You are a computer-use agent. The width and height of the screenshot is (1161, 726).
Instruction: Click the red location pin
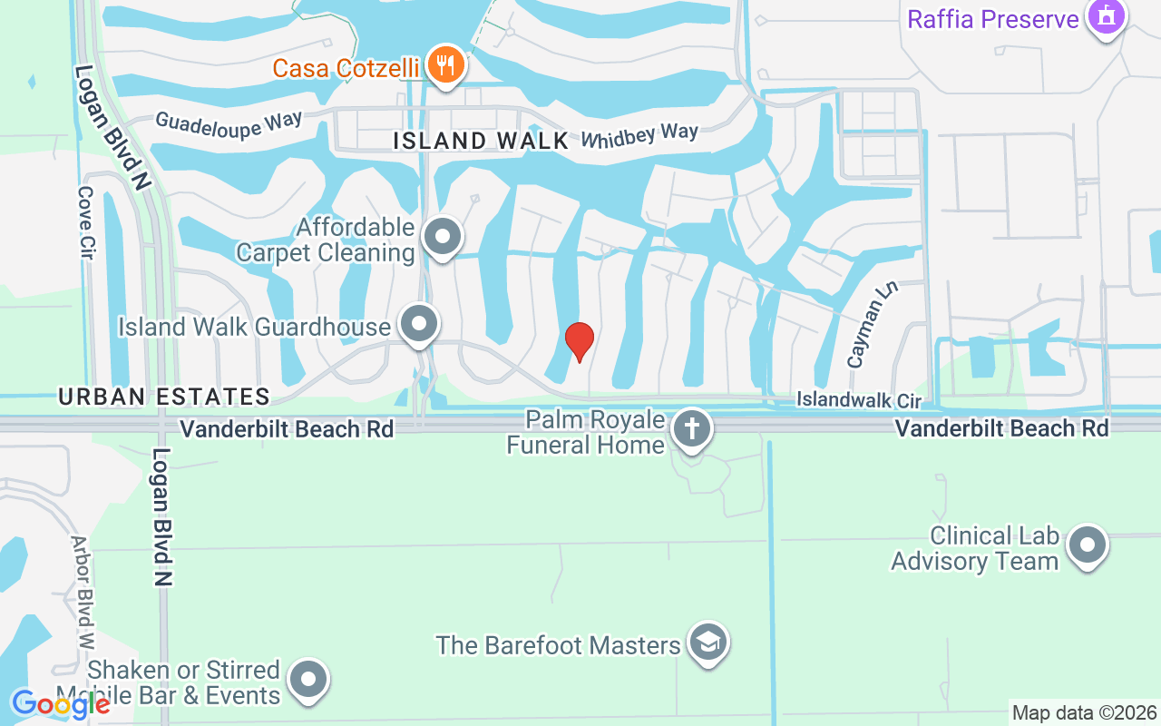[580, 341]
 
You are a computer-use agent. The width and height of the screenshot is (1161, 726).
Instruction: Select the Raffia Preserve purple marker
[1106, 16]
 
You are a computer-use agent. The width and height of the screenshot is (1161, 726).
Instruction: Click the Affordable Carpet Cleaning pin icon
[443, 237]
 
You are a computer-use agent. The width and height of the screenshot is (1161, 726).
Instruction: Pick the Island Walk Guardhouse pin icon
[419, 324]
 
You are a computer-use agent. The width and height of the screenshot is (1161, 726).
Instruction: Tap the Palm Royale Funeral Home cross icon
[692, 428]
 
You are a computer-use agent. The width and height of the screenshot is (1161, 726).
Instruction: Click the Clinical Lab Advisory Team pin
[1087, 546]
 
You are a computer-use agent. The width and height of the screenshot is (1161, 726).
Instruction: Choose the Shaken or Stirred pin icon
[307, 680]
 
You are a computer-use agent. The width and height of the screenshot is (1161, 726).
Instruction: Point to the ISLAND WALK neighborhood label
[482, 141]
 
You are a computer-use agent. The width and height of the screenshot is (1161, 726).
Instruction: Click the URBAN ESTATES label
[164, 397]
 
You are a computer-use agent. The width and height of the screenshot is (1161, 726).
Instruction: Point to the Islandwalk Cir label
[858, 400]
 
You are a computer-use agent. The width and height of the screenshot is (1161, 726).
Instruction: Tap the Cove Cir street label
[87, 222]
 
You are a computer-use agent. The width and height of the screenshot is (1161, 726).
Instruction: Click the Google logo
[60, 703]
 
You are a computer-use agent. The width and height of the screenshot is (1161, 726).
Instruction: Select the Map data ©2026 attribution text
[1084, 712]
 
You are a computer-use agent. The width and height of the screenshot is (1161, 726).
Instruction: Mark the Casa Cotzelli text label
[346, 68]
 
